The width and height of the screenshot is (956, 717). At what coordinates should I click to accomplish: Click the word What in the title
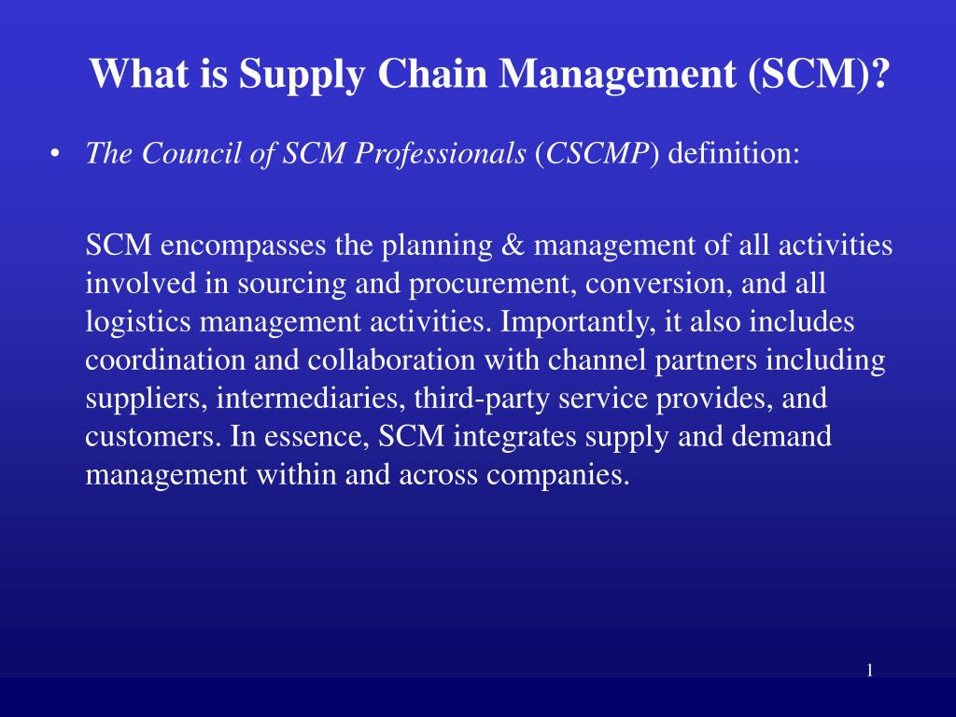pos(139,73)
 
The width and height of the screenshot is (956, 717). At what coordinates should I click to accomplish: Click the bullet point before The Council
pos(55,154)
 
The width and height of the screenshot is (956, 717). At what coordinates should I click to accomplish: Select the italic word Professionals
pos(440,153)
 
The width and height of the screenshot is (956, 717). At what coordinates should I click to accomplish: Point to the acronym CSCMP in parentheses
pos(597,153)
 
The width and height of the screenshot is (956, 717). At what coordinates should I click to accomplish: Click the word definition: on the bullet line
pos(734,153)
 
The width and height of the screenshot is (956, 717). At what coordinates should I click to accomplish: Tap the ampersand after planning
pos(513,246)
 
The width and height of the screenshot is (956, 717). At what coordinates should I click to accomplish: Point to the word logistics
pos(138,322)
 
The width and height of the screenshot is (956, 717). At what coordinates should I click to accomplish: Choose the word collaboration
pos(391,359)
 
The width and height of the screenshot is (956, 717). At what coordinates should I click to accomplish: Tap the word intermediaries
pos(311,399)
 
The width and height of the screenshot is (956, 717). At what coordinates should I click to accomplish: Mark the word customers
pos(153,437)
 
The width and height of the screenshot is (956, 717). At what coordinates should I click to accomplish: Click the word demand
pos(781,437)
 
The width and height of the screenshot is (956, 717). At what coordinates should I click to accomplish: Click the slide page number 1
pos(870,670)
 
